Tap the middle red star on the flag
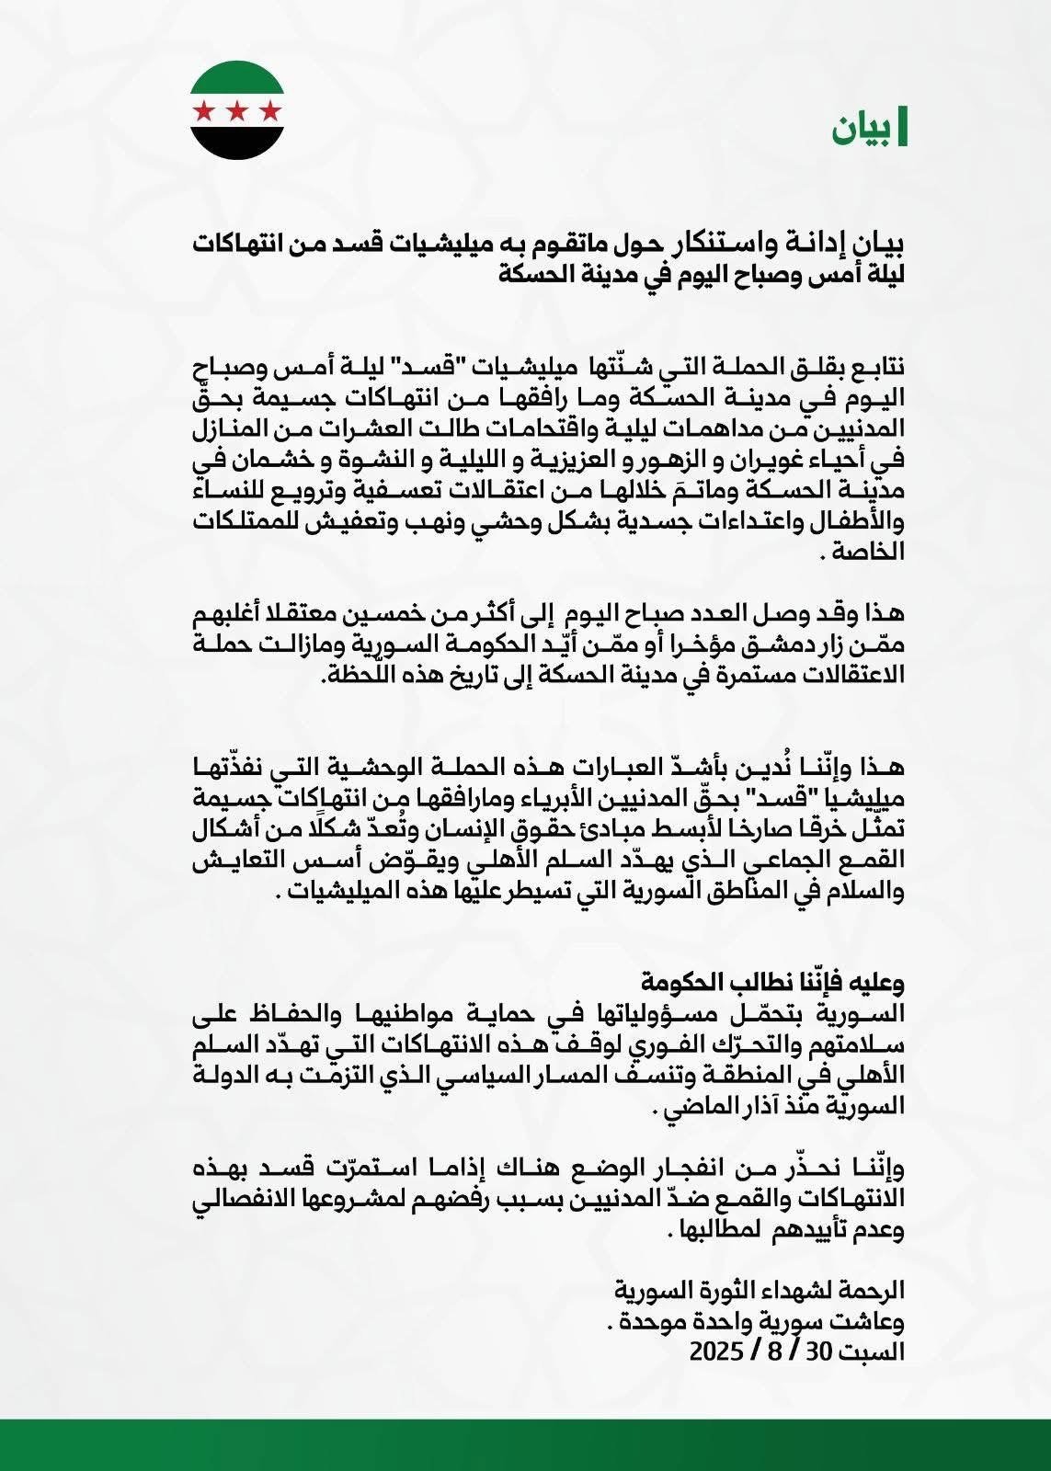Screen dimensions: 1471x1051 [x=237, y=112]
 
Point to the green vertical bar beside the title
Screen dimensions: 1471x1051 [x=903, y=129]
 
